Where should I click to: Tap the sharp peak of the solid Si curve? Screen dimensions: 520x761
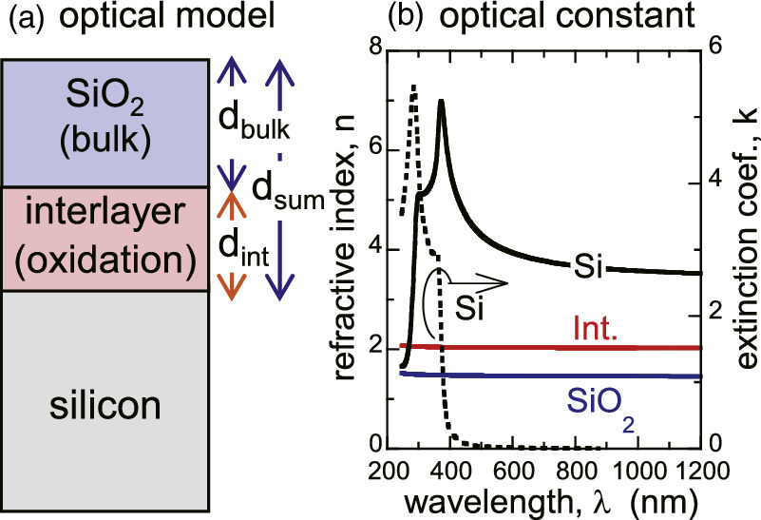point(441,103)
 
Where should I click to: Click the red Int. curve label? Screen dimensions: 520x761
point(597,330)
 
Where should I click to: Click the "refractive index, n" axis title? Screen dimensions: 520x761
point(344,252)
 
